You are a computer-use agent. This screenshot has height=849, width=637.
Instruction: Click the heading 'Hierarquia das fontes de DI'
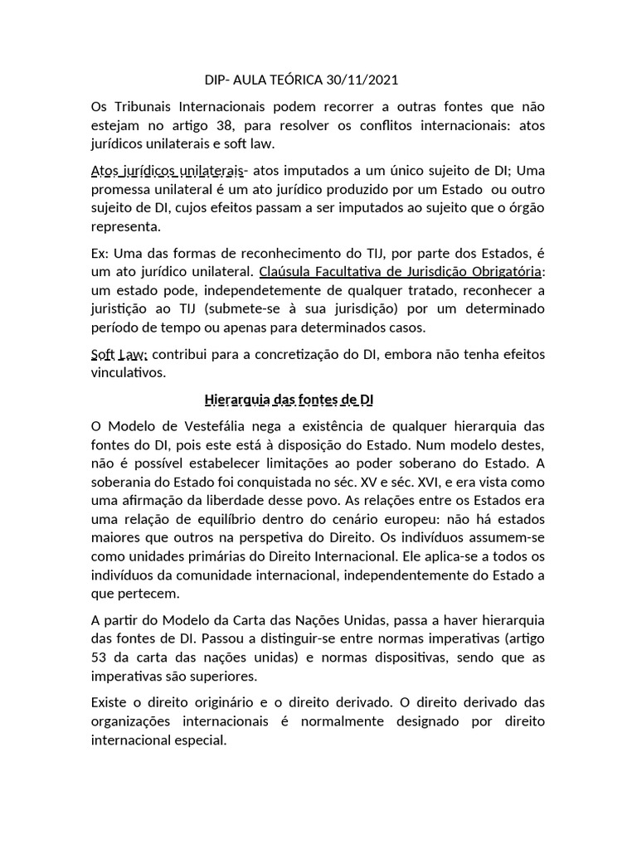pyautogui.click(x=289, y=400)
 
